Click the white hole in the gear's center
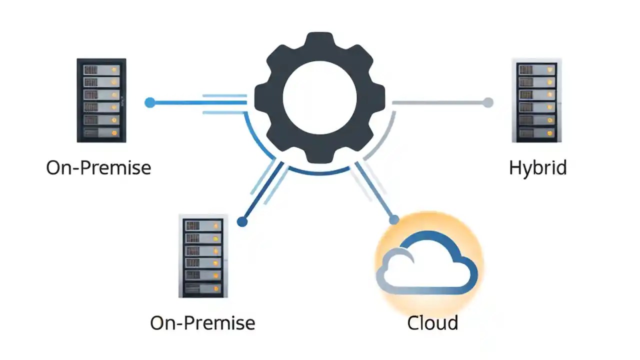point(319,96)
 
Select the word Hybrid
point(537,167)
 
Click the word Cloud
point(432,322)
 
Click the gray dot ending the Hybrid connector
point(487,102)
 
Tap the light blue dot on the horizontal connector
point(149,102)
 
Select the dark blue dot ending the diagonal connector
point(242,221)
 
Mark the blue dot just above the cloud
point(394,219)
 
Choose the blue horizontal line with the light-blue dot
point(200,102)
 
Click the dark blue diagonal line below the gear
point(262,192)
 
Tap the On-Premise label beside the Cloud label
point(202,322)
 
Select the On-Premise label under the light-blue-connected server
point(98,167)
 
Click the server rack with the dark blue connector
point(202,256)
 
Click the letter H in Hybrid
point(515,167)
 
